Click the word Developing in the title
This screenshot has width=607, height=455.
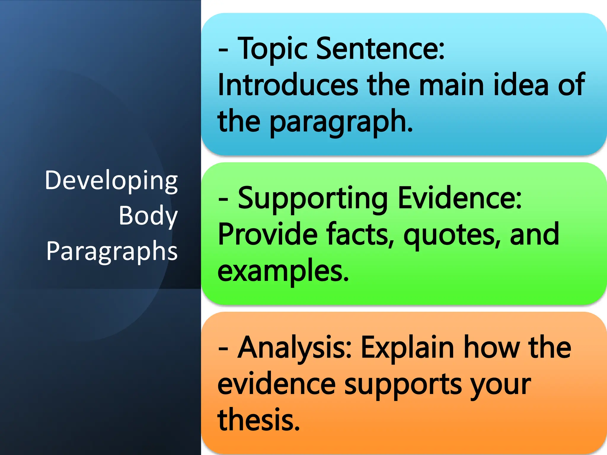[111, 181]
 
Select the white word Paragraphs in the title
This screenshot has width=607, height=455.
[112, 251]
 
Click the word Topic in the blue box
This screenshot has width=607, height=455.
[273, 49]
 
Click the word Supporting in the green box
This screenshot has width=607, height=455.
[313, 198]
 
